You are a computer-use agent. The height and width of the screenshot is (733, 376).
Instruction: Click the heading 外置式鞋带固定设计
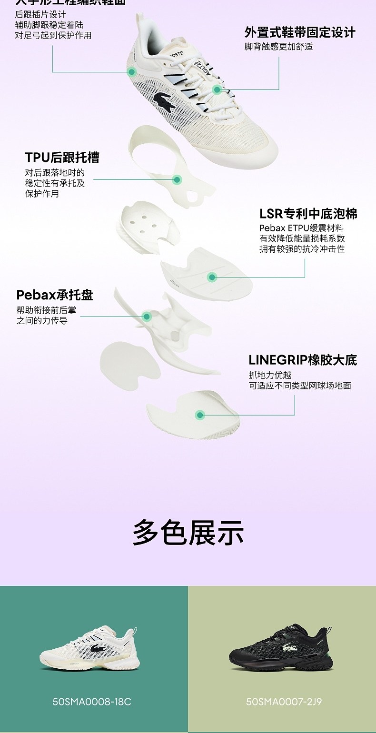[300, 33]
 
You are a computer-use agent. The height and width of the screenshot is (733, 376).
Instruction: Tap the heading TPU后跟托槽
[62, 158]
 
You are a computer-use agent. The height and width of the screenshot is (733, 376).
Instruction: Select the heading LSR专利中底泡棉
[308, 214]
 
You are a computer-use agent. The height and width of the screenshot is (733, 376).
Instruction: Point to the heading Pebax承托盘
[55, 295]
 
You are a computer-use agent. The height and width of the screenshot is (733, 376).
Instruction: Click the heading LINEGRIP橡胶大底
[303, 360]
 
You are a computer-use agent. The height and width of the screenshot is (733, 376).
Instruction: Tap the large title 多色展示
[188, 533]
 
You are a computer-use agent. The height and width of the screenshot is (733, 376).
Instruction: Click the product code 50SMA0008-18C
[92, 702]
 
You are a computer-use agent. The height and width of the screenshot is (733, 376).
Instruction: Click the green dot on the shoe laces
[217, 89]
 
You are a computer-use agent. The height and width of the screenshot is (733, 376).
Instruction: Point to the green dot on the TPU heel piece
[177, 180]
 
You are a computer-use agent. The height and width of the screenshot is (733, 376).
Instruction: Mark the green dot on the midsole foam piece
[212, 277]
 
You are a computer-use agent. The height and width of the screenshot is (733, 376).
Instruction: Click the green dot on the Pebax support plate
[147, 316]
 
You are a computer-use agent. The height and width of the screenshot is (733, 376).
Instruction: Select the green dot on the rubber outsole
[200, 415]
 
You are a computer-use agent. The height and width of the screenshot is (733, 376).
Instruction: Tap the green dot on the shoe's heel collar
[132, 72]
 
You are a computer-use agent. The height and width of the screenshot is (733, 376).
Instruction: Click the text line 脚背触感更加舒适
[278, 47]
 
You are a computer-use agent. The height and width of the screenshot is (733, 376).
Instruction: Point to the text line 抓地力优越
[270, 375]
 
